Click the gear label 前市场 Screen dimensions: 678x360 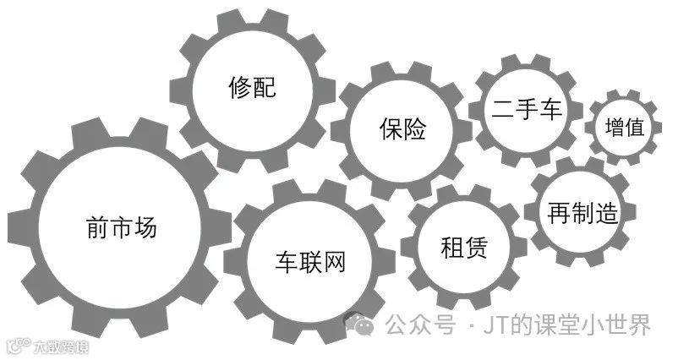pos(122,226)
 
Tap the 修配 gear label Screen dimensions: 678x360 pos(252,86)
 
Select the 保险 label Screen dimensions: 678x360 pos(402,129)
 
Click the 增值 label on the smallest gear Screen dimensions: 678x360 pos(625,128)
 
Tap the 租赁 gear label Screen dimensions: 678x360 pos(464,248)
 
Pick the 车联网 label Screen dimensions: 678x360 pos(311,260)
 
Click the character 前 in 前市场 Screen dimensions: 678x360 pos(97,226)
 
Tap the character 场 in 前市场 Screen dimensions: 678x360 pos(145,226)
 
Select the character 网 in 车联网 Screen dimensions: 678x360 pos(335,260)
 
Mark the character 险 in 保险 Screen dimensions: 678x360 pos(414,129)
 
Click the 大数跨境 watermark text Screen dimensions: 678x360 pos(60,346)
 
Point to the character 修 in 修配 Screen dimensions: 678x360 pos(240,86)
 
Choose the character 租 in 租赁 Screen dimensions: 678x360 pos(452,248)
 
